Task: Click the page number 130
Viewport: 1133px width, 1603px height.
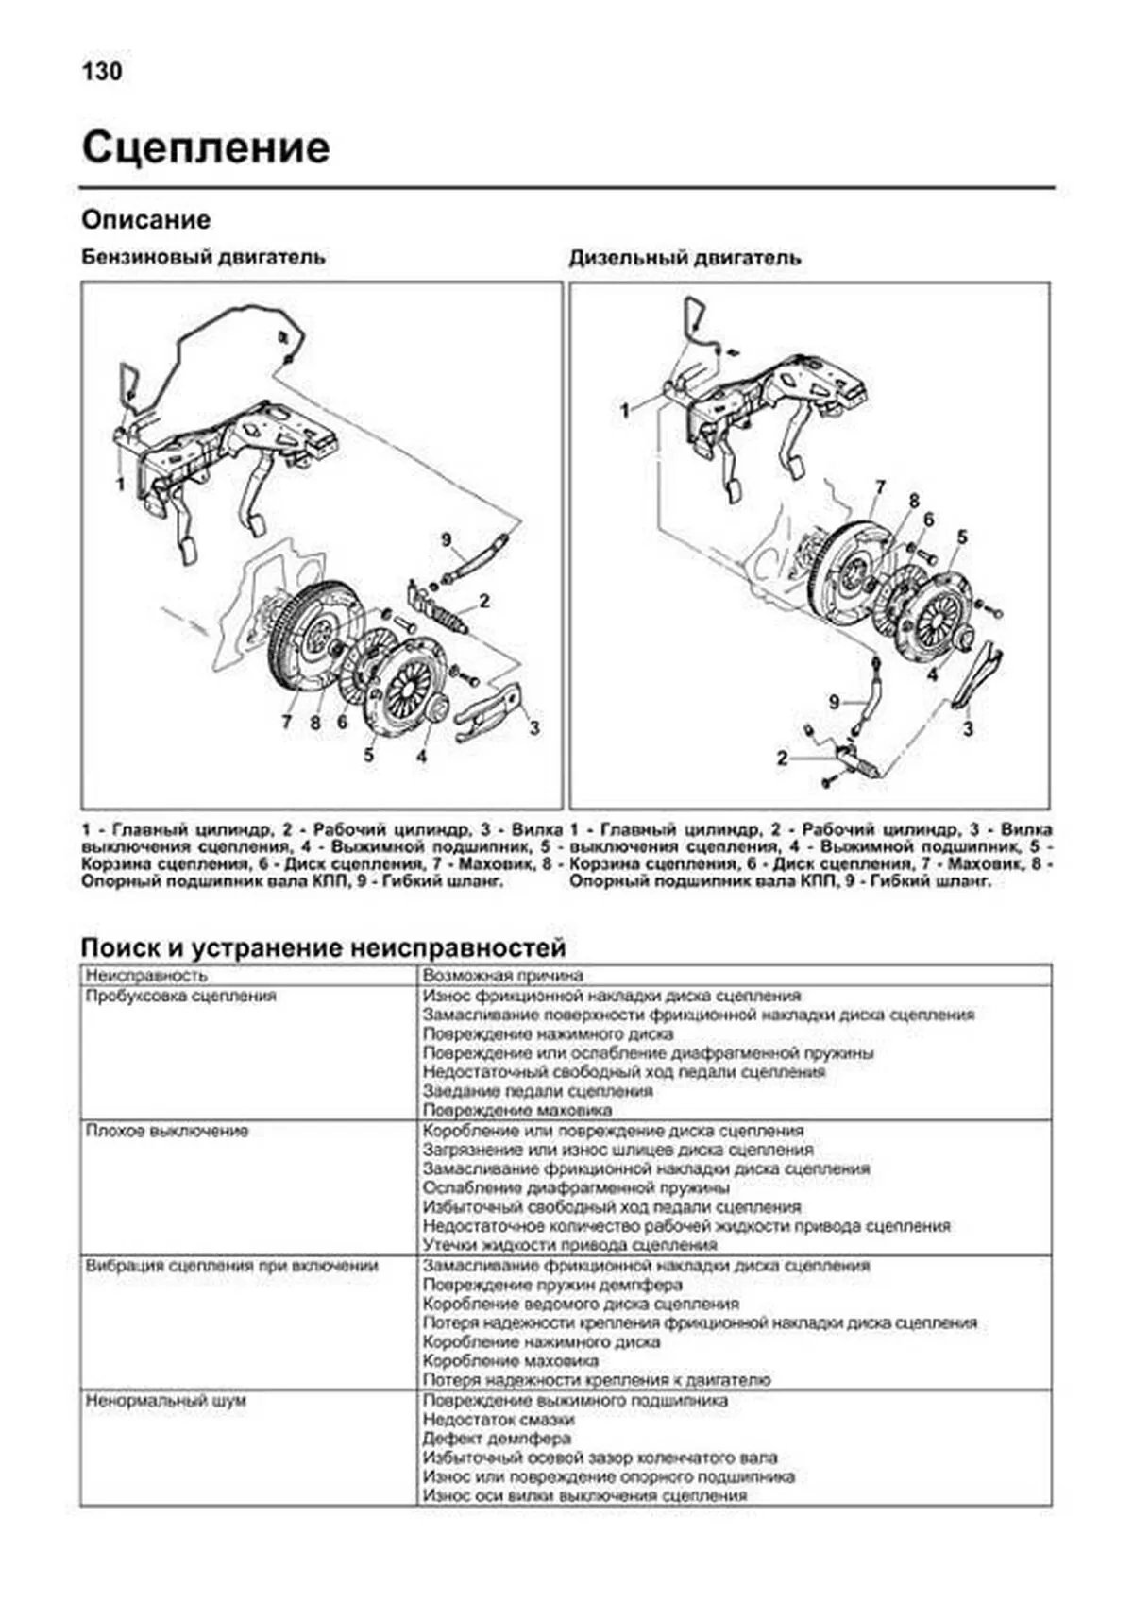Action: [102, 72]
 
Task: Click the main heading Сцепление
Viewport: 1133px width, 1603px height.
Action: [206, 148]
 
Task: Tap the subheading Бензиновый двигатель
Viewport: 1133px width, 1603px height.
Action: [203, 257]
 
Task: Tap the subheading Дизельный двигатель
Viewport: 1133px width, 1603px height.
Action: [685, 258]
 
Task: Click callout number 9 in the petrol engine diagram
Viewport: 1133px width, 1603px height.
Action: [447, 540]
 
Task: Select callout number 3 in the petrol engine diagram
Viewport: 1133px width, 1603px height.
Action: [534, 727]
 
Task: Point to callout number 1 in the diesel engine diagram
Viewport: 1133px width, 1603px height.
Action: [624, 410]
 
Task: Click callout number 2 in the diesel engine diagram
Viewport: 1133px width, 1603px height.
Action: [782, 758]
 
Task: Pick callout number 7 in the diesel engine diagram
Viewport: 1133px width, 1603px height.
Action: [880, 487]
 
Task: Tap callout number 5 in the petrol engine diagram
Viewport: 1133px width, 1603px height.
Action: [368, 755]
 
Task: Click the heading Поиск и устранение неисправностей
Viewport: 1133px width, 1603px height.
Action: [323, 947]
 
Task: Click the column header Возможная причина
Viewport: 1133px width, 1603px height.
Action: [503, 975]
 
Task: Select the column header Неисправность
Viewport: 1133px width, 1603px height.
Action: [146, 975]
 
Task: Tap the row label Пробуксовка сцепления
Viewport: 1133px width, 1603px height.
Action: [180, 996]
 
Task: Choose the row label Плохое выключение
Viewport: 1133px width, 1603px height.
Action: [167, 1131]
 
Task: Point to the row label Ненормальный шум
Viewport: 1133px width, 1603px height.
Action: [165, 1401]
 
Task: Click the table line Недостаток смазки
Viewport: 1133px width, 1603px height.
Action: [498, 1420]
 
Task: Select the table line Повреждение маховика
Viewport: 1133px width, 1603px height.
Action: [517, 1110]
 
